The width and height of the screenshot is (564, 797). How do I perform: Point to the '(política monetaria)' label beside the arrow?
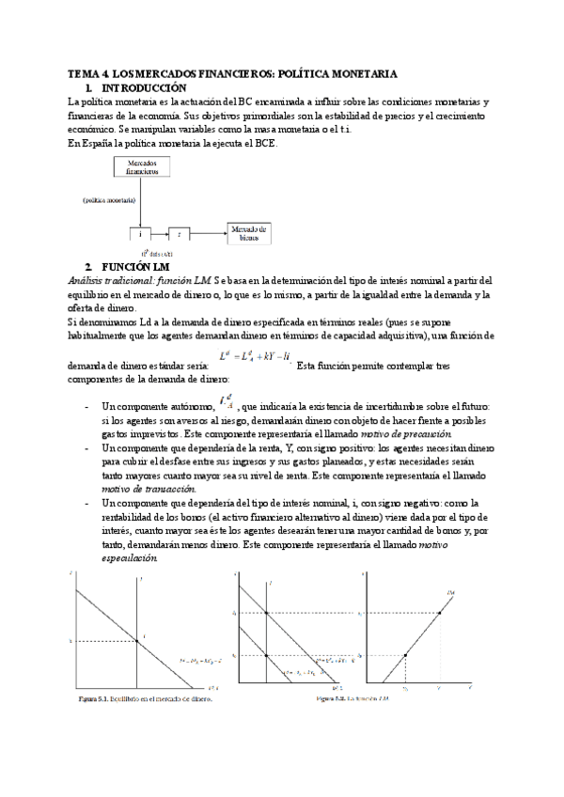click(106, 200)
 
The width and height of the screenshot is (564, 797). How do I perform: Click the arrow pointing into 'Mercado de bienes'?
click(210, 232)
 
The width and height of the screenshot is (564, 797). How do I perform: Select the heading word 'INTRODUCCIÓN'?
click(143, 86)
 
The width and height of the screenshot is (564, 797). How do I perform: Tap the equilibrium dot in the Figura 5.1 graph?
click(138, 641)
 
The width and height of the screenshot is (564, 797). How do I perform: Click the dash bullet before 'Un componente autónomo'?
click(86, 406)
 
